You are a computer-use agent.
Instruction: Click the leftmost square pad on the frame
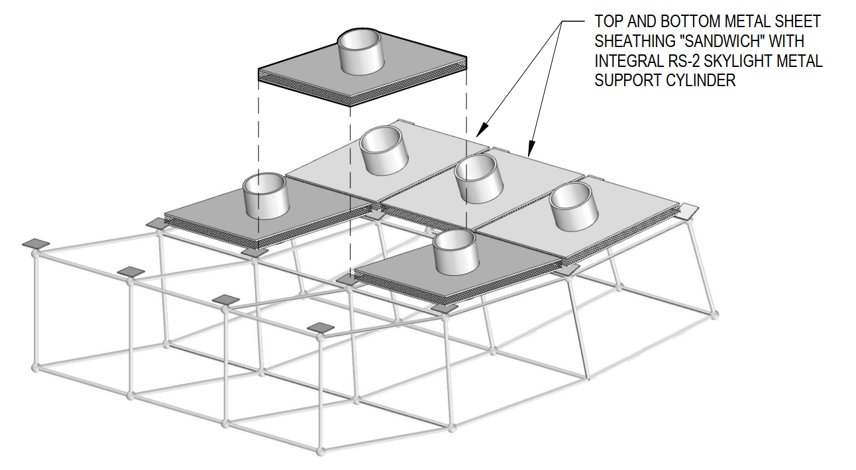tap(36, 244)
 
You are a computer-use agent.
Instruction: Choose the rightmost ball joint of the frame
tap(714, 312)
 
